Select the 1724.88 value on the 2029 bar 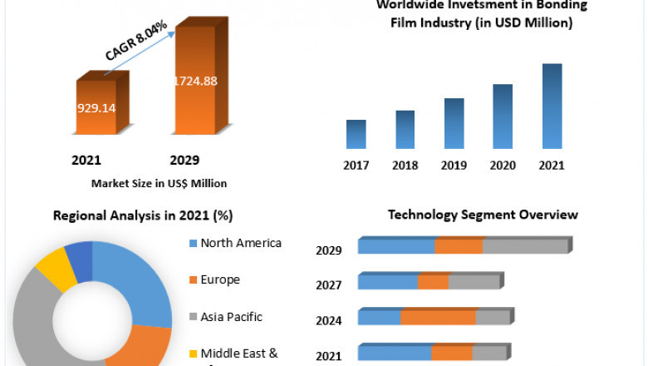click(x=196, y=81)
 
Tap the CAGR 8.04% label click(x=136, y=41)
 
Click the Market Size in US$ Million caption click(x=160, y=183)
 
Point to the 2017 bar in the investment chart click(x=356, y=134)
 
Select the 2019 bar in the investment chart click(x=454, y=123)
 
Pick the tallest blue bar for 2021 click(x=552, y=106)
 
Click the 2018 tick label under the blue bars click(x=405, y=165)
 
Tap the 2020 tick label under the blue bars click(x=503, y=165)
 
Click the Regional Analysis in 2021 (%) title click(x=143, y=215)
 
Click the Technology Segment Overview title click(x=483, y=215)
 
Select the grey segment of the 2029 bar click(x=523, y=246)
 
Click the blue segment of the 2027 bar click(x=387, y=282)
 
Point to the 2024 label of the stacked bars click(x=329, y=319)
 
